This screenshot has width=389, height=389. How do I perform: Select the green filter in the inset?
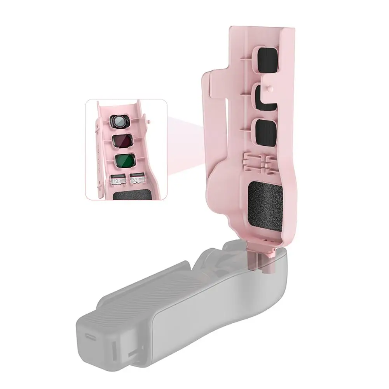tap(123, 160)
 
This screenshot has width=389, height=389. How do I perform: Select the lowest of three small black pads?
tap(265, 131)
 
